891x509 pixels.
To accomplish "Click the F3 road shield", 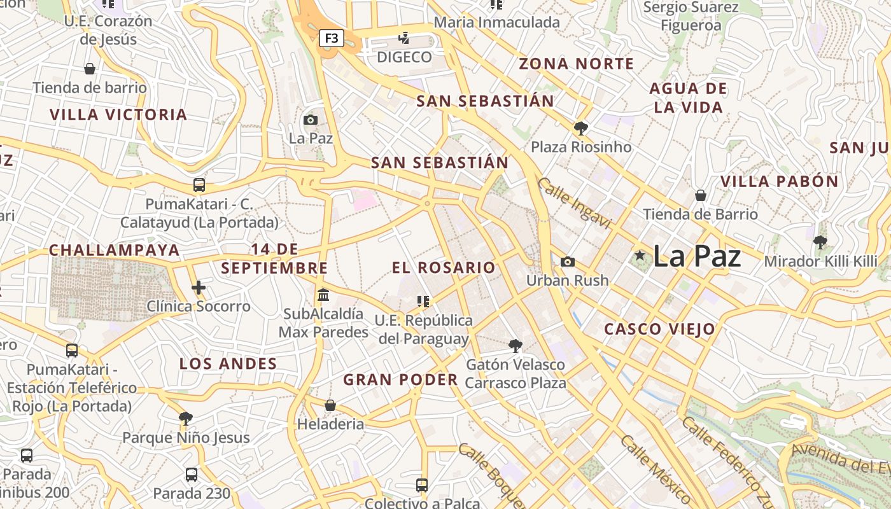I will [331, 38].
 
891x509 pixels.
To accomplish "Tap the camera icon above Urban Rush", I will [567, 261].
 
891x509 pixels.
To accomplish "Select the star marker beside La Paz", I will [640, 256].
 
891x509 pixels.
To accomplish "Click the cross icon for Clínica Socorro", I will [199, 288].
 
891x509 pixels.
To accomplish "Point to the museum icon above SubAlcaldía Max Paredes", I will [323, 295].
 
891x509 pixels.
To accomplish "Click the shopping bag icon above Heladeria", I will [330, 405].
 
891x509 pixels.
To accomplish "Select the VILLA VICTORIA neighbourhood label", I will [118, 115].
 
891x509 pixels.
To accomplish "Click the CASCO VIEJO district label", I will [659, 330].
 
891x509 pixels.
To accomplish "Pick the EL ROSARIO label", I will [444, 268].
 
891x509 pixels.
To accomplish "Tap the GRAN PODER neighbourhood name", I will [401, 380].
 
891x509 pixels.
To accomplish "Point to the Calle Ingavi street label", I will [574, 204].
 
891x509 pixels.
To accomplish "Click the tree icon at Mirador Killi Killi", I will [820, 242].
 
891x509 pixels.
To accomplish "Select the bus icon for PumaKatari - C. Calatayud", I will [199, 185].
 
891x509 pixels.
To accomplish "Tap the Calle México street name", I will [656, 470].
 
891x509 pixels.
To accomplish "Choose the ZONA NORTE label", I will [577, 64].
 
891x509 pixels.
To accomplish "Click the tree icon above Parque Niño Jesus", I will [186, 418].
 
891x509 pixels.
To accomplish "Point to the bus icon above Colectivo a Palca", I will [422, 485].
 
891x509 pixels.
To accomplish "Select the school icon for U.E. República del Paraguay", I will [423, 301].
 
